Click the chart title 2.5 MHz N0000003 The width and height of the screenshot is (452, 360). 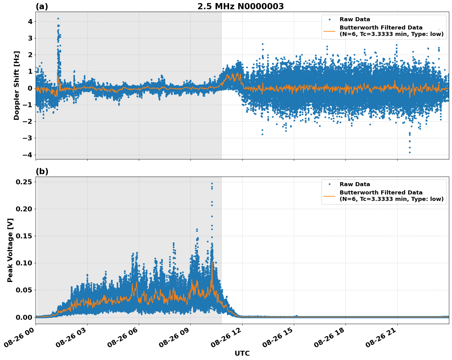click(240, 6)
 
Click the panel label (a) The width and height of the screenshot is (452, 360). click(42, 6)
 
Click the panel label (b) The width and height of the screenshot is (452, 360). click(42, 171)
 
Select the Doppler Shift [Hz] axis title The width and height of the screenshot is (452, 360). click(17, 85)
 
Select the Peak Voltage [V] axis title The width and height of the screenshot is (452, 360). click(10, 250)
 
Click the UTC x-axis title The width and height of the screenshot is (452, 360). click(242, 353)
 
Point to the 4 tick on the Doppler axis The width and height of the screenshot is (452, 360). click(30, 22)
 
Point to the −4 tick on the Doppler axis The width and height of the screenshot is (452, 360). click(28, 155)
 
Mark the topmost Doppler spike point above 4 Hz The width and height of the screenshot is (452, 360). click(58, 19)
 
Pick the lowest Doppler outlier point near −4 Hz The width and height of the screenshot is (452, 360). click(410, 152)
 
